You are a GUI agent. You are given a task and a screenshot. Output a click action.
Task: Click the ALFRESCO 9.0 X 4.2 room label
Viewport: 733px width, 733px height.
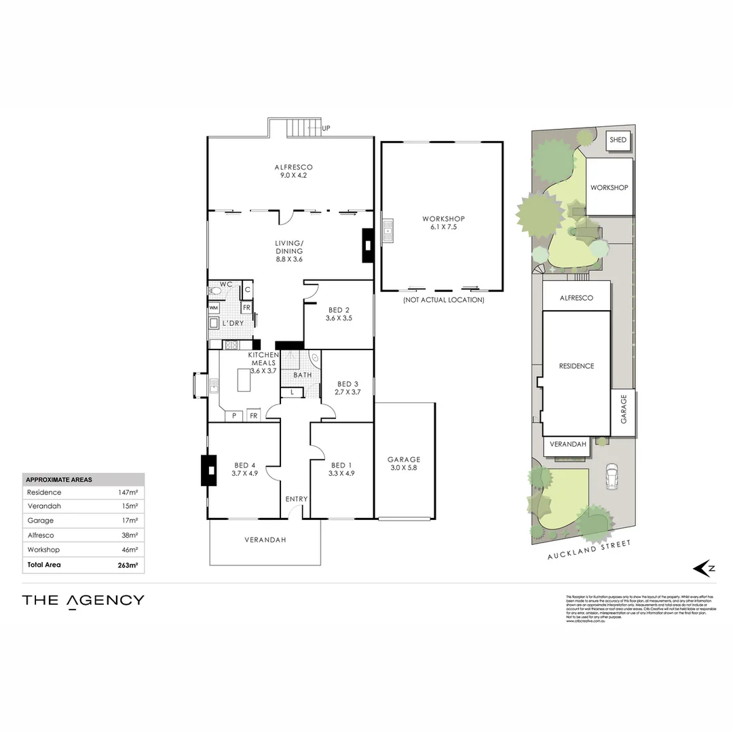tap(293, 171)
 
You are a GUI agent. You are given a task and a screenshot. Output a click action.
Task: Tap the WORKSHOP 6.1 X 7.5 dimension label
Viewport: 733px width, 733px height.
tap(443, 223)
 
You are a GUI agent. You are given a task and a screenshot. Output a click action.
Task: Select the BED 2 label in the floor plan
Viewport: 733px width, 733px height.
tap(339, 314)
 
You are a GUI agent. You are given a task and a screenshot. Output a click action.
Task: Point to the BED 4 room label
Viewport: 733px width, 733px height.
tap(245, 469)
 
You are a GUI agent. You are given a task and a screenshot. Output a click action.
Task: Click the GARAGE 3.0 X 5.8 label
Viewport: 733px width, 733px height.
tap(404, 464)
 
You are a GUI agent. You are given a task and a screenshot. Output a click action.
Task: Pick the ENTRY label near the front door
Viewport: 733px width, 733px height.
tap(297, 499)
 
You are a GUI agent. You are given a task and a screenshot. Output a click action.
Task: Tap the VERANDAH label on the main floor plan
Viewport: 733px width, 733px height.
tap(265, 540)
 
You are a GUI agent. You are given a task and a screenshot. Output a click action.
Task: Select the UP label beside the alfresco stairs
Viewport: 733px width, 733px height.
tap(326, 128)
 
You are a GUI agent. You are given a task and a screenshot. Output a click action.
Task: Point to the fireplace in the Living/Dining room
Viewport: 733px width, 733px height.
tap(367, 245)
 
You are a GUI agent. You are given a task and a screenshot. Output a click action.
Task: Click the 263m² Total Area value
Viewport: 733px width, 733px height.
tap(128, 565)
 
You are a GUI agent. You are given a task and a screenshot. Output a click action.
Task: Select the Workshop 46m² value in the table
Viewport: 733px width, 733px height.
tap(129, 550)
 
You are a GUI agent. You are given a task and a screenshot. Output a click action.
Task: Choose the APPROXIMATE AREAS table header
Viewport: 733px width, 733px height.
tap(59, 479)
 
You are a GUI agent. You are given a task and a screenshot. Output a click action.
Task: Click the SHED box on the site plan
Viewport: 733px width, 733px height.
tap(618, 140)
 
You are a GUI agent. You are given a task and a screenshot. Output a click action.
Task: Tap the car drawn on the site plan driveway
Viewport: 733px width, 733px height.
tap(613, 476)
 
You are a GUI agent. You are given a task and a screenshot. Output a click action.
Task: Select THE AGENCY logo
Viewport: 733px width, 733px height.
tap(83, 600)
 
